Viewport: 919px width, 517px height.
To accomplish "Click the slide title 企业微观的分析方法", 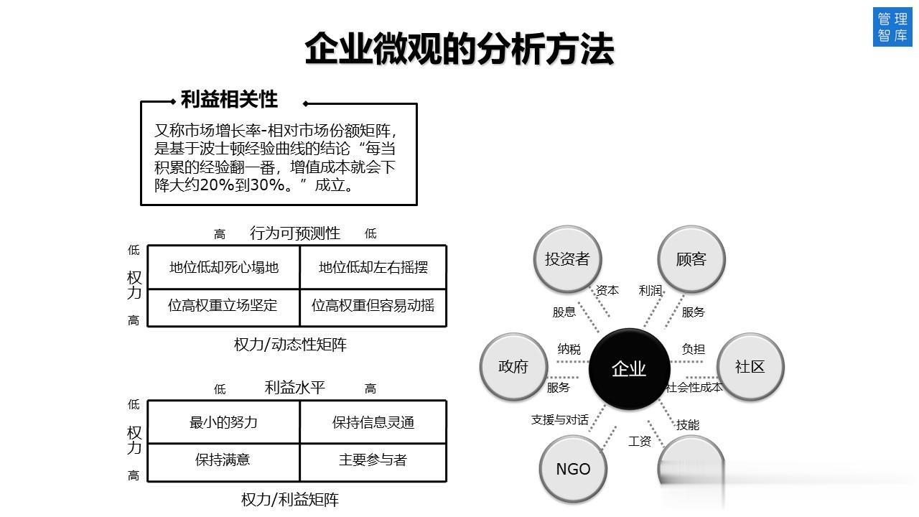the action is tap(459, 50).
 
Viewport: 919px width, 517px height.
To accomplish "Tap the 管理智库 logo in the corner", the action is tap(892, 27).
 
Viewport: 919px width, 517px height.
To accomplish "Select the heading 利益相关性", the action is tap(229, 99).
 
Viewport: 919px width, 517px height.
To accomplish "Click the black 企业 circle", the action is tap(629, 368).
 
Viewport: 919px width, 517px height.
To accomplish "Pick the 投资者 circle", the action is tap(567, 259).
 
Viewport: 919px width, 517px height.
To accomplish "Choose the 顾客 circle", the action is tap(691, 259).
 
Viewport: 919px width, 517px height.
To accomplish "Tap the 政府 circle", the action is tap(513, 366).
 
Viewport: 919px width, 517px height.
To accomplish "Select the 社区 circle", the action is tap(750, 366).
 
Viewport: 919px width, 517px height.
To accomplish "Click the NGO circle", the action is tap(573, 469).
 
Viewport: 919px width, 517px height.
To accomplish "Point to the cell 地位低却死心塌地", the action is tap(224, 267).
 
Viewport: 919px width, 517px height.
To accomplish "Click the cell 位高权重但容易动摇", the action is tap(373, 305).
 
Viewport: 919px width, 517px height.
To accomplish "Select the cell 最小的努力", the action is tap(224, 422).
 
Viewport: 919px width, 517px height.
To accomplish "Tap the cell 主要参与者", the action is tap(373, 460).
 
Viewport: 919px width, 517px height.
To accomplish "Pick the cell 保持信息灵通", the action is tap(373, 422).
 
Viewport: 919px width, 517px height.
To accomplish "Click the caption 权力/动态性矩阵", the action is tap(290, 345).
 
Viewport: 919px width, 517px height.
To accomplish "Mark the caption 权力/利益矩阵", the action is tap(290, 500).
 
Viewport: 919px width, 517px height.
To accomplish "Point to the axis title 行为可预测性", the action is tap(295, 233).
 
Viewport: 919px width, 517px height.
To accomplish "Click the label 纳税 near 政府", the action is tap(569, 349).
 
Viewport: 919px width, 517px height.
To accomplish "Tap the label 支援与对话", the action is tap(560, 419).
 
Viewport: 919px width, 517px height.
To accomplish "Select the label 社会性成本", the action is tap(694, 388).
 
